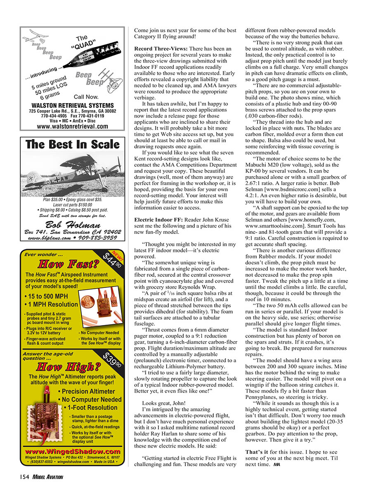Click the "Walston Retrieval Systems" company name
[72, 105]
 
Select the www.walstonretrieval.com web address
[72, 127]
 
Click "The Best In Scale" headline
[72, 145]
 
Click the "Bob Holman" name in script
[73, 225]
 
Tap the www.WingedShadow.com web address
[73, 452]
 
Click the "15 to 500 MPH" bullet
[46, 296]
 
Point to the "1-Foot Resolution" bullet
[91, 408]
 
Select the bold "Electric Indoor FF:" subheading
[158, 219]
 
